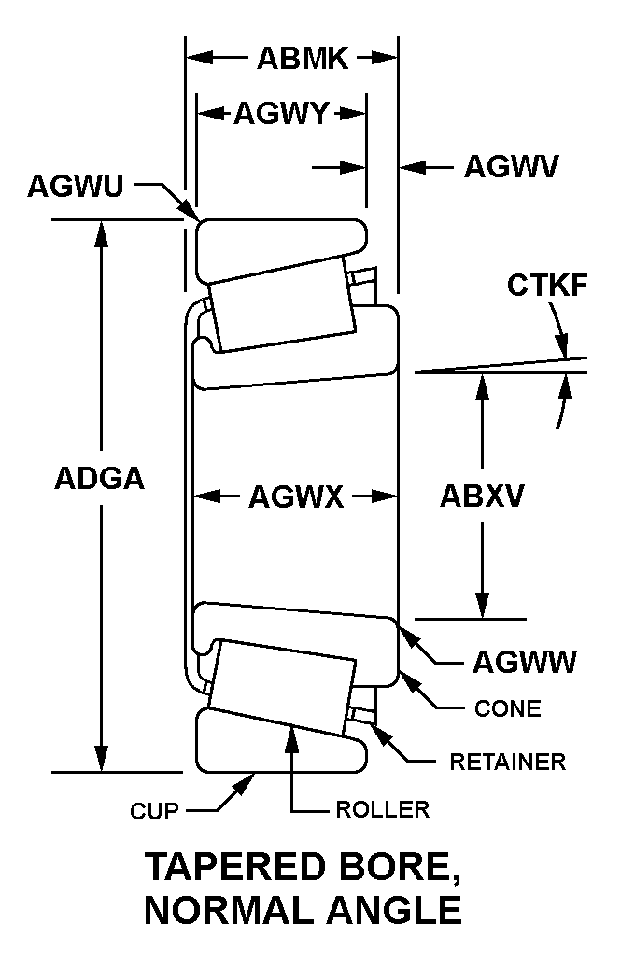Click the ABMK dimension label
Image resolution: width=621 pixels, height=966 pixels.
click(303, 59)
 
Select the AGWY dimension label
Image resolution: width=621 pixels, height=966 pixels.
click(280, 114)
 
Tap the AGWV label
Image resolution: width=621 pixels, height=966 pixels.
click(511, 167)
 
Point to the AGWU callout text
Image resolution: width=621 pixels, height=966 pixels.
click(75, 186)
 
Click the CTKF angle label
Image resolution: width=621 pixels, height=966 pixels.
click(547, 286)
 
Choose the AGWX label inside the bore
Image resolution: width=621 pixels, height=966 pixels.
click(296, 497)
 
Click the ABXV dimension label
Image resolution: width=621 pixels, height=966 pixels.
click(482, 497)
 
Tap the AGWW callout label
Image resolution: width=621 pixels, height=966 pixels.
click(524, 662)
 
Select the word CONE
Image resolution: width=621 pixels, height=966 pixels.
click(508, 709)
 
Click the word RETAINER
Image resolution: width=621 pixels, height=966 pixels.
click(508, 763)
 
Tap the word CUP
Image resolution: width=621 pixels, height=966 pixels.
click(154, 810)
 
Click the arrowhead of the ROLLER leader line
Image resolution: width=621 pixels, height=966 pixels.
click(293, 734)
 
